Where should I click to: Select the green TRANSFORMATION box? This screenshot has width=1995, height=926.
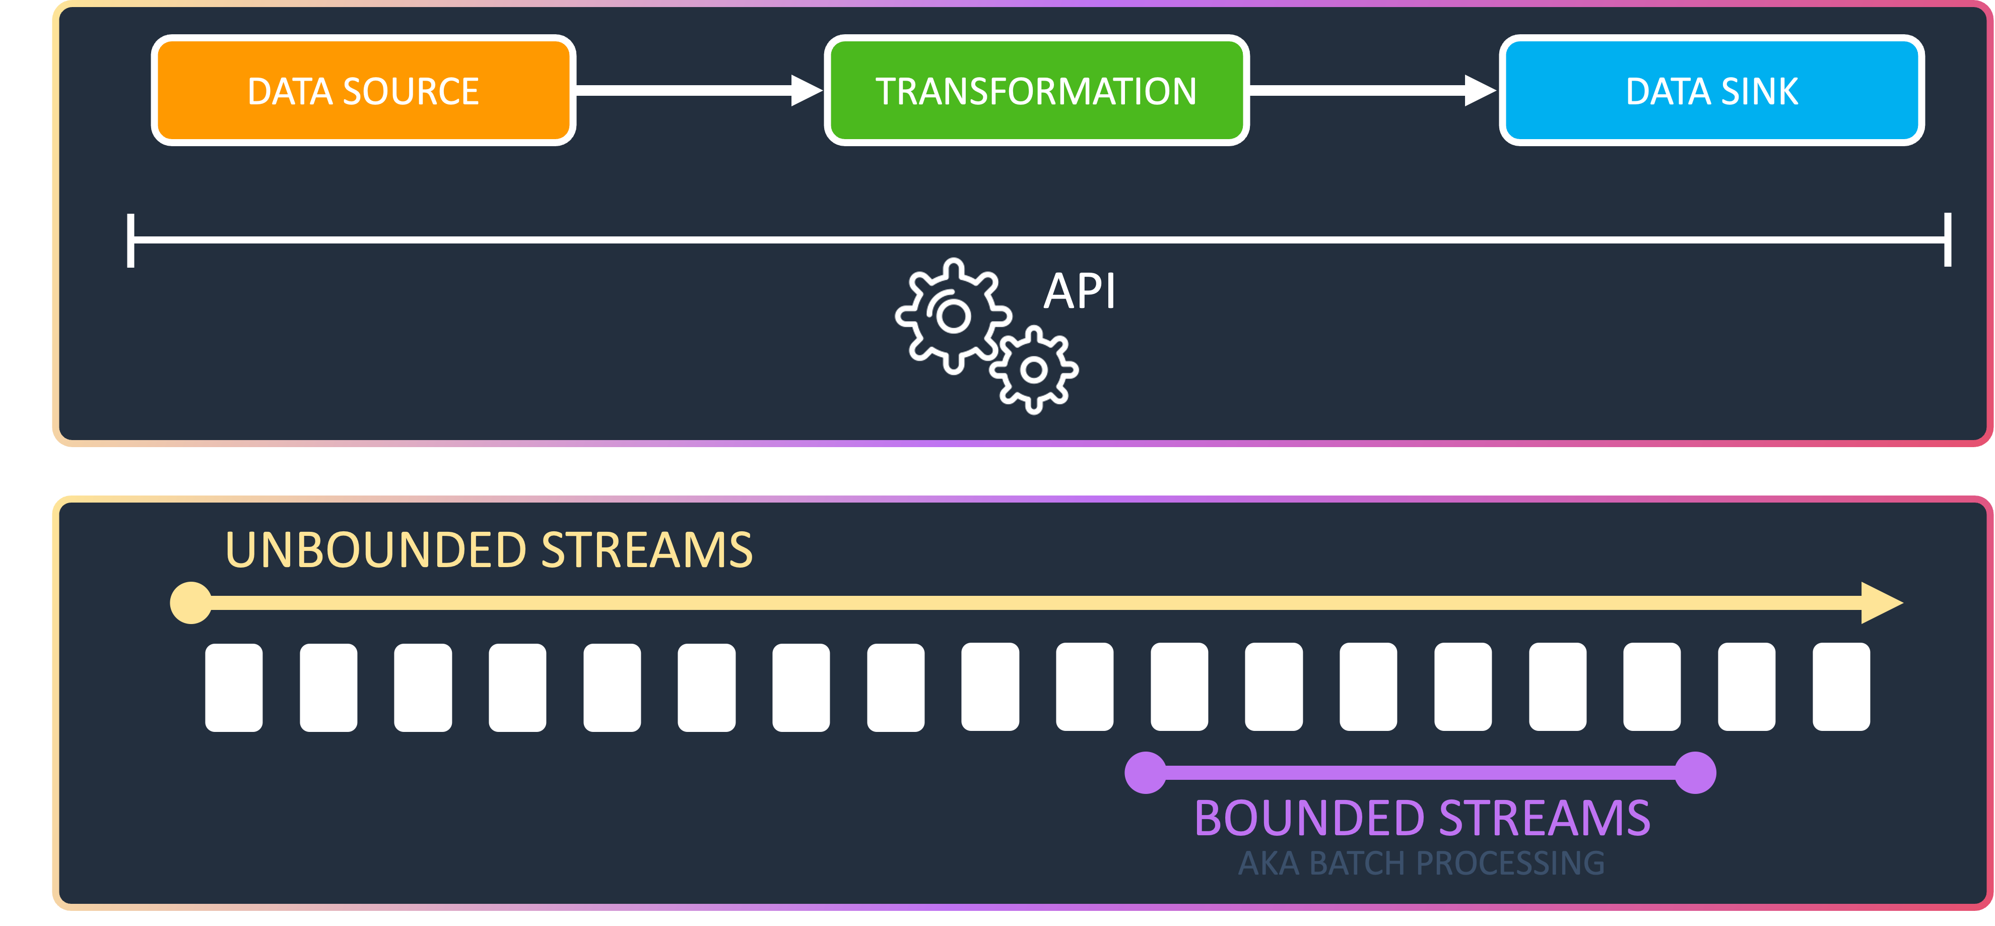(1036, 91)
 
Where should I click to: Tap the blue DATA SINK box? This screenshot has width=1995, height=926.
(1711, 91)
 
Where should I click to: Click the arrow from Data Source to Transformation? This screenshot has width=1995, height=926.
(697, 91)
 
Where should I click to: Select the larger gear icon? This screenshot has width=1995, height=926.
(953, 316)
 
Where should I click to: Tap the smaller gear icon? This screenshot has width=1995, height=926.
(1034, 369)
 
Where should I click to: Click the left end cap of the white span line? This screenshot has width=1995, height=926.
(131, 240)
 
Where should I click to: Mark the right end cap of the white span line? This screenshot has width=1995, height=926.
(1947, 240)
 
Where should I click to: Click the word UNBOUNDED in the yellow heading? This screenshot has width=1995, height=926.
(376, 550)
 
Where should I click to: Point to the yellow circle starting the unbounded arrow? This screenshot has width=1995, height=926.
(190, 603)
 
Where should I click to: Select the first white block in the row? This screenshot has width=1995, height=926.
(234, 688)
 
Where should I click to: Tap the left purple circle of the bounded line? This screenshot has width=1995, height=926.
(1146, 773)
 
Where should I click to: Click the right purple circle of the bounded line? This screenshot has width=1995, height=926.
(1695, 773)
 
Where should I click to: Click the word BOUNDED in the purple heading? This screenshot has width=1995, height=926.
(1309, 818)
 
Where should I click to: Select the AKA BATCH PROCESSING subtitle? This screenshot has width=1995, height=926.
(1421, 863)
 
